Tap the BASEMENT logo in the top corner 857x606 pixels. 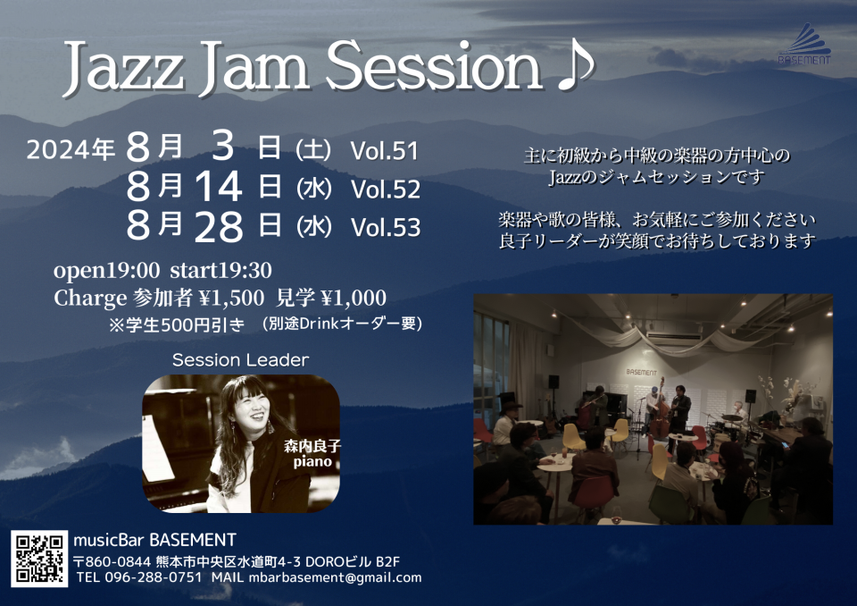(x=804, y=44)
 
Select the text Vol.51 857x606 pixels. (x=385, y=150)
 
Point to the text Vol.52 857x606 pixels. (x=386, y=189)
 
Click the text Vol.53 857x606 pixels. (x=386, y=227)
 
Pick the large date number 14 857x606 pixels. (x=218, y=186)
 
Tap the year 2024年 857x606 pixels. (x=71, y=149)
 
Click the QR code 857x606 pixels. (x=39, y=559)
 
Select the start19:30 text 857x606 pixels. (x=220, y=270)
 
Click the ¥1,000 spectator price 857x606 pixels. (x=354, y=298)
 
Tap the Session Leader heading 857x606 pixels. (x=240, y=359)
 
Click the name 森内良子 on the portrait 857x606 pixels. (x=312, y=446)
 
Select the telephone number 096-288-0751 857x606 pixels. (x=153, y=577)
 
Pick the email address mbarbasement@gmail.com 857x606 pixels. (x=335, y=577)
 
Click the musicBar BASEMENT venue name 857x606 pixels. (x=154, y=541)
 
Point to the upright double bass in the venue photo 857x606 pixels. (x=660, y=410)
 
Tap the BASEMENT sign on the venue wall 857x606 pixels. (x=641, y=372)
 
